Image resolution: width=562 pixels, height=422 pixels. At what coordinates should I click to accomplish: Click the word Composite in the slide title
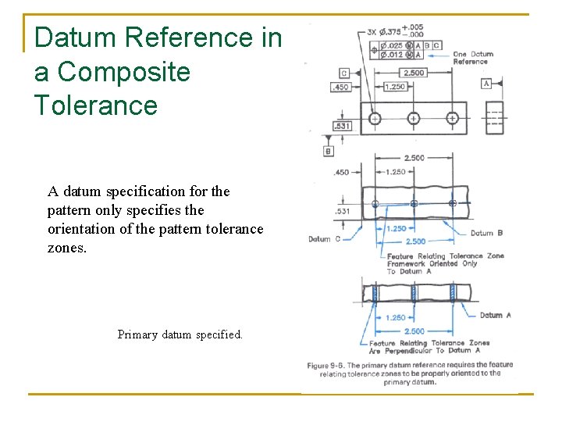pyautogui.click(x=124, y=72)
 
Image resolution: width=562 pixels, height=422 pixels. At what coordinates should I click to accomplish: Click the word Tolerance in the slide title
pyautogui.click(x=96, y=105)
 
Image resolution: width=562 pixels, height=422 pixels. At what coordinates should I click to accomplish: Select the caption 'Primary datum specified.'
pyautogui.click(x=180, y=334)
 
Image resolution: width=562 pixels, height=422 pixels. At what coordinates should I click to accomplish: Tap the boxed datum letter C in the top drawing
pyautogui.click(x=344, y=73)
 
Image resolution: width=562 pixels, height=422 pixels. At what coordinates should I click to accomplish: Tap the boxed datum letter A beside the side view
pyautogui.click(x=486, y=84)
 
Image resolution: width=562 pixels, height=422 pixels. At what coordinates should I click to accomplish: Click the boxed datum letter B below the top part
pyautogui.click(x=329, y=151)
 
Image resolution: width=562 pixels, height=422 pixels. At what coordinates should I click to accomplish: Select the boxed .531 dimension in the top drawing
pyautogui.click(x=341, y=126)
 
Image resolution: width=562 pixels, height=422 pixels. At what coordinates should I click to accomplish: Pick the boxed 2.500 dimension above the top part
pyautogui.click(x=414, y=73)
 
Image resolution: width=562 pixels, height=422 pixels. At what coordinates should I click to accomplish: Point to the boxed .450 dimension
pyautogui.click(x=341, y=88)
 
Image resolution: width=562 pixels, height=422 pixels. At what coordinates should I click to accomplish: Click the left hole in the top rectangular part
pyautogui.click(x=375, y=119)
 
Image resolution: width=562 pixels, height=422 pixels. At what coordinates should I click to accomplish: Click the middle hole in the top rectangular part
pyautogui.click(x=414, y=119)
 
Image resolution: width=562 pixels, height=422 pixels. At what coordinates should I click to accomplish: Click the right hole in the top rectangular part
pyautogui.click(x=452, y=119)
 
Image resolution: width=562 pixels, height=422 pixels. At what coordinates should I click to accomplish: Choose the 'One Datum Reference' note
pyautogui.click(x=473, y=58)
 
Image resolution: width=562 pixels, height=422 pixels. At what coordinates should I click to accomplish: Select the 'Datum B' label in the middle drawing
pyautogui.click(x=486, y=232)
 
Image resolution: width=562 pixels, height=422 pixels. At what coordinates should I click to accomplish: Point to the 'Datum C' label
pyautogui.click(x=325, y=239)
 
